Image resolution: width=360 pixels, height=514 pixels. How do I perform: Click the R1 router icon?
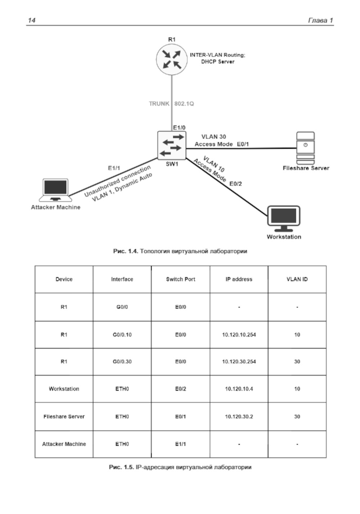click(172, 59)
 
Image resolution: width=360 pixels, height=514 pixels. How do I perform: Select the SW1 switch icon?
click(172, 145)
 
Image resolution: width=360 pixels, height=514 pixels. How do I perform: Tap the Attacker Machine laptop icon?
click(55, 190)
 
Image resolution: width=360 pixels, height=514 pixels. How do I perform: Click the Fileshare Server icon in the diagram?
click(305, 148)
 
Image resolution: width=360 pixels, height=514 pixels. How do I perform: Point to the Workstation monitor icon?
click(284, 218)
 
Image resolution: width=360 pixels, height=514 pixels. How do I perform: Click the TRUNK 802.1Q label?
click(171, 104)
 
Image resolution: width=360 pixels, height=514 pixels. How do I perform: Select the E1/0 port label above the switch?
click(179, 128)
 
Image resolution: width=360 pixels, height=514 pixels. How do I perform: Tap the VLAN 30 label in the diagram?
click(213, 137)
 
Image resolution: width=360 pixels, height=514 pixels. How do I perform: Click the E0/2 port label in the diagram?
click(236, 184)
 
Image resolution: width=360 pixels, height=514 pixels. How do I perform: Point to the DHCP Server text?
click(217, 62)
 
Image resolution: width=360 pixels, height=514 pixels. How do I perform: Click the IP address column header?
click(239, 279)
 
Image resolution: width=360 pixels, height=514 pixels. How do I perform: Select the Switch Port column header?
click(180, 279)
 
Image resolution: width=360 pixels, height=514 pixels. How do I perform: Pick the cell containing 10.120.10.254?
click(239, 335)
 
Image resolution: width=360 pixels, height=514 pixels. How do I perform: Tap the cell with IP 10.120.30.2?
click(239, 417)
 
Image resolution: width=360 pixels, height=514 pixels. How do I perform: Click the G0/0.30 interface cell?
click(122, 361)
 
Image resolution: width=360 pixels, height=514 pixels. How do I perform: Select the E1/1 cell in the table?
click(180, 444)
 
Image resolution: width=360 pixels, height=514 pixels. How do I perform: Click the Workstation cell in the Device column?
click(64, 389)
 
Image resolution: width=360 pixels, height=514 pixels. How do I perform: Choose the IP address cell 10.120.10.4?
click(239, 389)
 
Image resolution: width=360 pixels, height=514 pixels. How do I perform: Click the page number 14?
click(32, 20)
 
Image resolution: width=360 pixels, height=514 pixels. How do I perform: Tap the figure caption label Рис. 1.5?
click(121, 467)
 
